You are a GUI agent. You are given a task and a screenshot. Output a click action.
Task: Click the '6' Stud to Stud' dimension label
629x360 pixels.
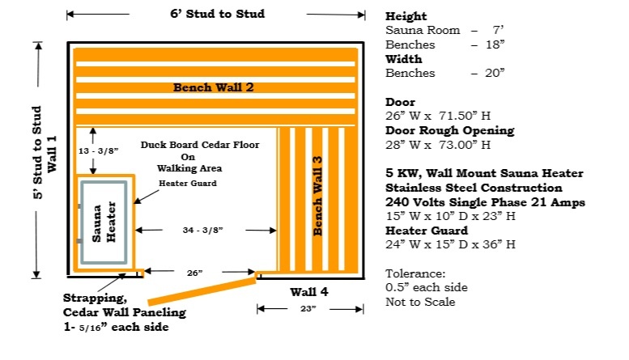217,14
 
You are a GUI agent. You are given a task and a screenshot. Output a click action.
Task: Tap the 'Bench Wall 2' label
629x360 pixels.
215,87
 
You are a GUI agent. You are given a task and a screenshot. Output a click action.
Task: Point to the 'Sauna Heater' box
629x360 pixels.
103,222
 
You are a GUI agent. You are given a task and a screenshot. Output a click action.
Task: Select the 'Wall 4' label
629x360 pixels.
309,291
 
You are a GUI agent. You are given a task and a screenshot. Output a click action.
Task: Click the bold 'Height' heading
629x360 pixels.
406,16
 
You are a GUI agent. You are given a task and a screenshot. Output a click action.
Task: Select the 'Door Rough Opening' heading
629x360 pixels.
449,130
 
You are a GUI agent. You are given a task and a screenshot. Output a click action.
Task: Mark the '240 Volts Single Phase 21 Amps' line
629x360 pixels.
483,202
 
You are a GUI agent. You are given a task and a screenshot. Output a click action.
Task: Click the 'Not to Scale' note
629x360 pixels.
420,302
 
